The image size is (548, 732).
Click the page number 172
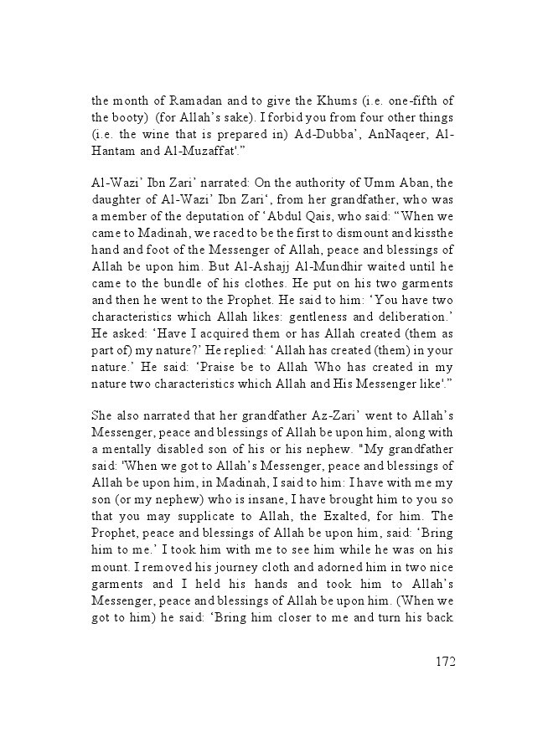click(x=445, y=662)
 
